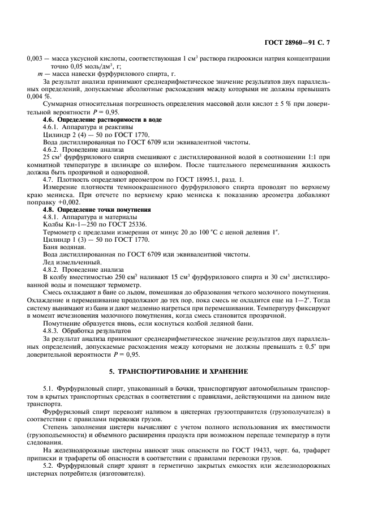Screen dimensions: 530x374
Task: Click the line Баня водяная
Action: [63, 247]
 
